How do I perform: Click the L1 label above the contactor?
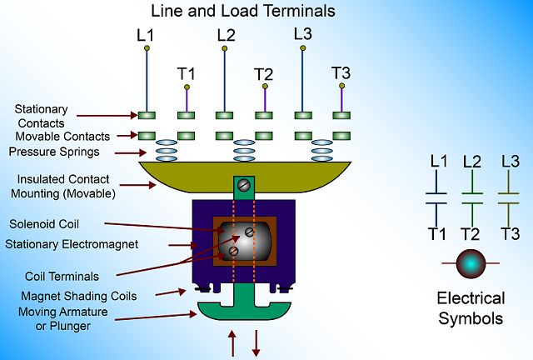pos(147,36)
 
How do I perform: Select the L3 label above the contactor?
pos(303,34)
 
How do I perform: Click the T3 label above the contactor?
pos(341,72)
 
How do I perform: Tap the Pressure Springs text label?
pos(53,152)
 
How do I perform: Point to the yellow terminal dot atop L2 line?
pos(224,48)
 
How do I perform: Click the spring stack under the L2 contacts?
pos(244,151)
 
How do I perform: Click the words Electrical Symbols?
pos(471,307)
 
